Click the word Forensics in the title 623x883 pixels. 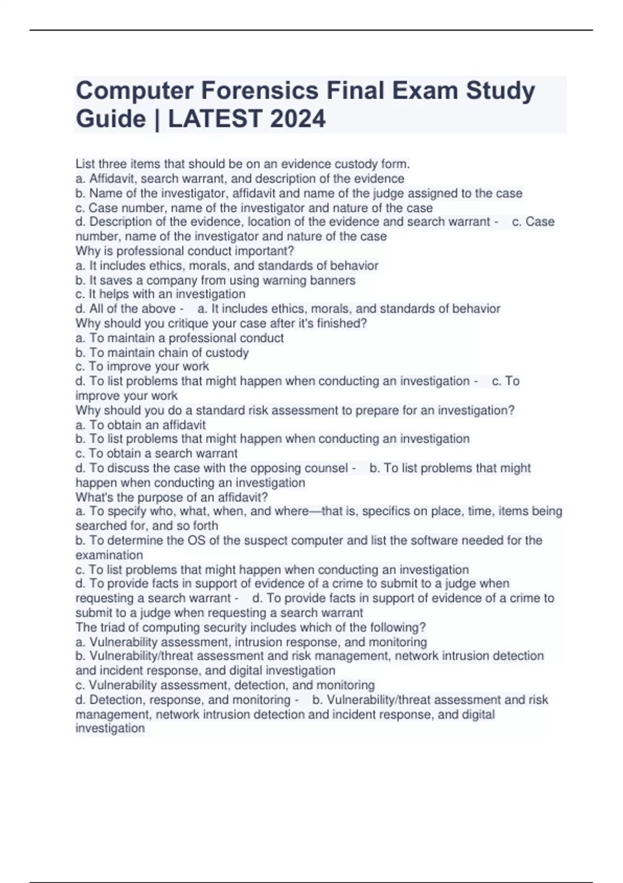260,90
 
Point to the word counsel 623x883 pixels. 326,468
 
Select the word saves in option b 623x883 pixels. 116,280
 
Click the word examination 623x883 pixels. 109,555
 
